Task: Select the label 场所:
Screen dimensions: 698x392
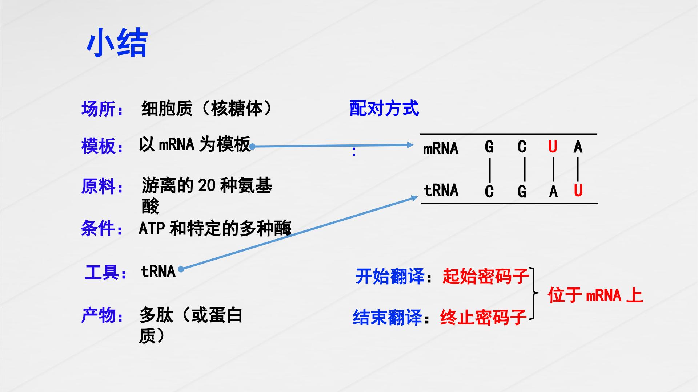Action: coord(102,109)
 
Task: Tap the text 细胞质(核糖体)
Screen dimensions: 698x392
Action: coord(206,108)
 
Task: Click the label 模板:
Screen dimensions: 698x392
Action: coord(102,146)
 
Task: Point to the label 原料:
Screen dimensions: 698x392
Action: coord(102,186)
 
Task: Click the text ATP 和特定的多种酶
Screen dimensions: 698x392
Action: coord(215,228)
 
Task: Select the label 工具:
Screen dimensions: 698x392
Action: coord(105,272)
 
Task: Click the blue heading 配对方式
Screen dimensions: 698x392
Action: coord(384,108)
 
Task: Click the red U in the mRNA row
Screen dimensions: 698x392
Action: coord(553,147)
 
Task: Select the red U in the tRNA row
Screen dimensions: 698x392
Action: coord(578,190)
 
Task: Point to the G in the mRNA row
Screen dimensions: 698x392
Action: coord(489,147)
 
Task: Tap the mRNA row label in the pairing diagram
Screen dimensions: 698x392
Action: coord(441,148)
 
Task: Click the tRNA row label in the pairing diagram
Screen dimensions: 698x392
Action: coord(441,190)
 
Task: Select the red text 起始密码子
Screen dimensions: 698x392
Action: coord(486,277)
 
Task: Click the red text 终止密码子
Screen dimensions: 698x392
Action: coord(483,317)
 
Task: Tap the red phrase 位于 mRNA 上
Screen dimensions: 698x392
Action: coord(595,295)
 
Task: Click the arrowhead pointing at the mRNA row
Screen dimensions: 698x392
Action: coord(410,145)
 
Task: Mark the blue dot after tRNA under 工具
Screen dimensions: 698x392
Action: coord(181,269)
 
